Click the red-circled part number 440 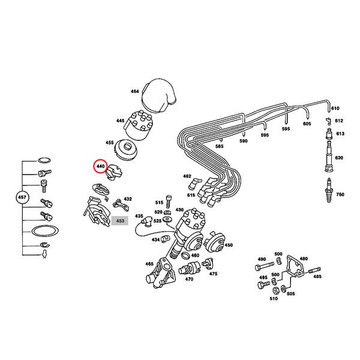point(101,166)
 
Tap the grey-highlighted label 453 point(120,221)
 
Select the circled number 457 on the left point(22,197)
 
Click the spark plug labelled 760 point(329,190)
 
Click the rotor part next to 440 point(114,173)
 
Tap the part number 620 point(339,158)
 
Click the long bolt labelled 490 point(264,266)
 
